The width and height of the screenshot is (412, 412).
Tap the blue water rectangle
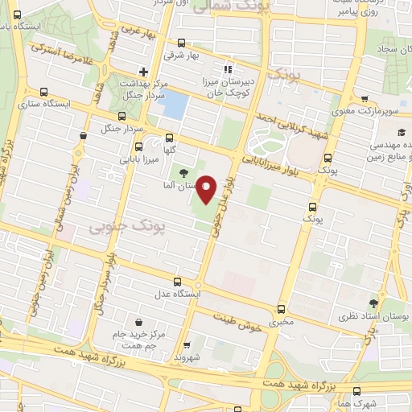pyautogui.click(x=176, y=105)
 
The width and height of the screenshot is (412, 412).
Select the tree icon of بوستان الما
pyautogui.click(x=183, y=172)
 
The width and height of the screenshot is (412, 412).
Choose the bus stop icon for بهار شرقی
pyautogui.click(x=181, y=44)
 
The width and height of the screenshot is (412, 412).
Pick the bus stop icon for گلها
pyautogui.click(x=168, y=138)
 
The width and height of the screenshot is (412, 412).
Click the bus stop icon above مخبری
pyautogui.click(x=281, y=309)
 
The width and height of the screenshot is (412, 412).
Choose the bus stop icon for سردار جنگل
pyautogui.click(x=84, y=136)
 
